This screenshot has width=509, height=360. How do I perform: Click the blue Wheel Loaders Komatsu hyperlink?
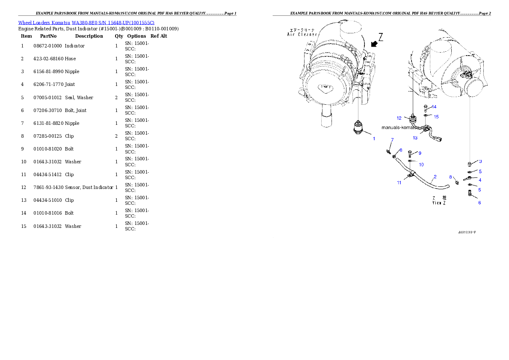click(x=86, y=22)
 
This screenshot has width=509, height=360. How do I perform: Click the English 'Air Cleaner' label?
click(x=302, y=35)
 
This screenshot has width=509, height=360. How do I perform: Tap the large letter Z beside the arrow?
click(x=380, y=37)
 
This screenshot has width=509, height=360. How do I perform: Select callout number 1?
click(x=374, y=139)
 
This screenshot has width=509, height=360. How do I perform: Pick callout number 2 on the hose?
click(x=435, y=177)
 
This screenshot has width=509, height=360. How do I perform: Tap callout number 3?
click(x=480, y=162)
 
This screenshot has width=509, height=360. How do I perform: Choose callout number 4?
click(x=480, y=180)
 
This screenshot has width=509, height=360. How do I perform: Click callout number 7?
click(x=392, y=140)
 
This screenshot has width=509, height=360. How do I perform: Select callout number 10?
click(x=421, y=165)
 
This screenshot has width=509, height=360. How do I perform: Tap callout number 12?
click(x=399, y=118)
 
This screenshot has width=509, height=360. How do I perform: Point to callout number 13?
click(x=415, y=138)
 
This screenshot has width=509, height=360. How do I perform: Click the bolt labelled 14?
click(x=426, y=107)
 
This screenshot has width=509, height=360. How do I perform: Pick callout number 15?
click(x=436, y=117)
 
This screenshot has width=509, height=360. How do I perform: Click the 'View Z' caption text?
click(x=439, y=203)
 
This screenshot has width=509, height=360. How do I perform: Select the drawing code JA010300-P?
click(x=467, y=233)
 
